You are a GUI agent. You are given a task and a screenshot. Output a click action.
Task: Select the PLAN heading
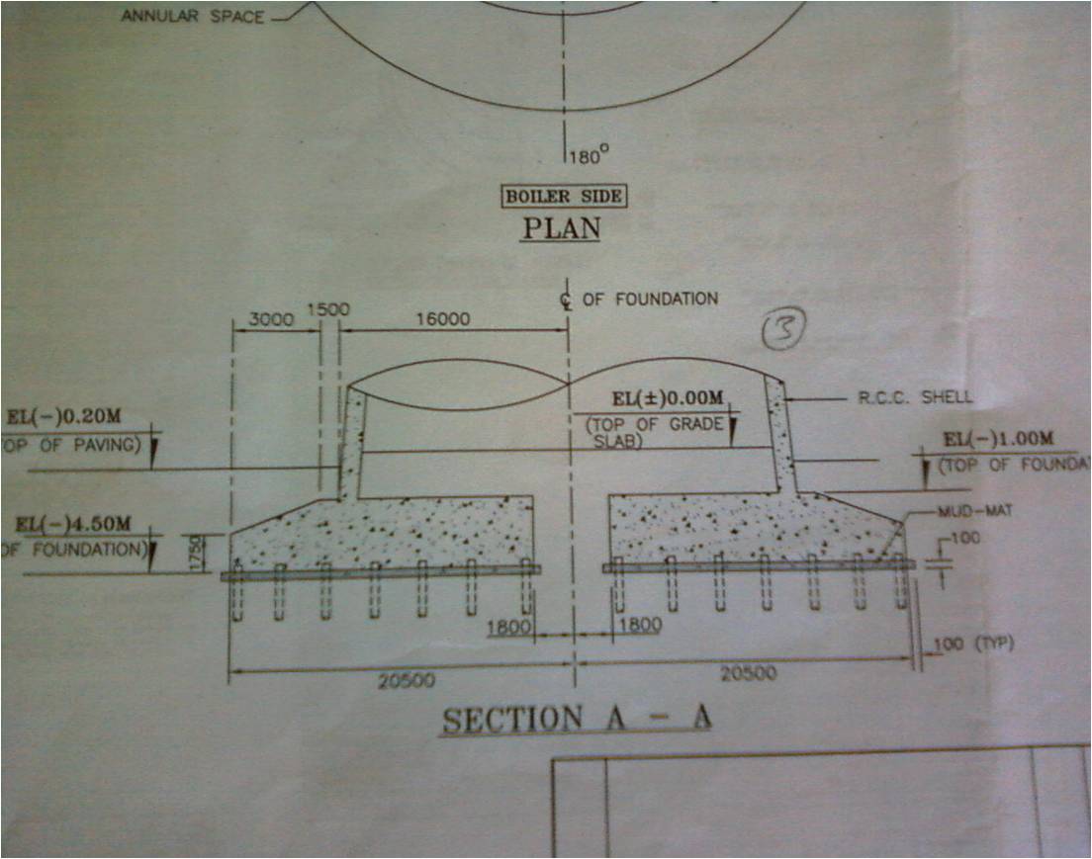tap(561, 228)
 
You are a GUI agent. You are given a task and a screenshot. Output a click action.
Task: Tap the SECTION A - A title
tap(577, 719)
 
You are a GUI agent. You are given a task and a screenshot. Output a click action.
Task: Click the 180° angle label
tap(590, 154)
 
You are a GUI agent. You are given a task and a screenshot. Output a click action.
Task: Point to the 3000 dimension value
tap(271, 322)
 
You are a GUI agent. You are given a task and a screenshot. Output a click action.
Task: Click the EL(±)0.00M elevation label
tap(669, 399)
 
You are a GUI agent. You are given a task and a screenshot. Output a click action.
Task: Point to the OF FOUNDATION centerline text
tap(650, 298)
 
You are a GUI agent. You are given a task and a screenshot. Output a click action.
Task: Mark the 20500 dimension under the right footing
tap(749, 673)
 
